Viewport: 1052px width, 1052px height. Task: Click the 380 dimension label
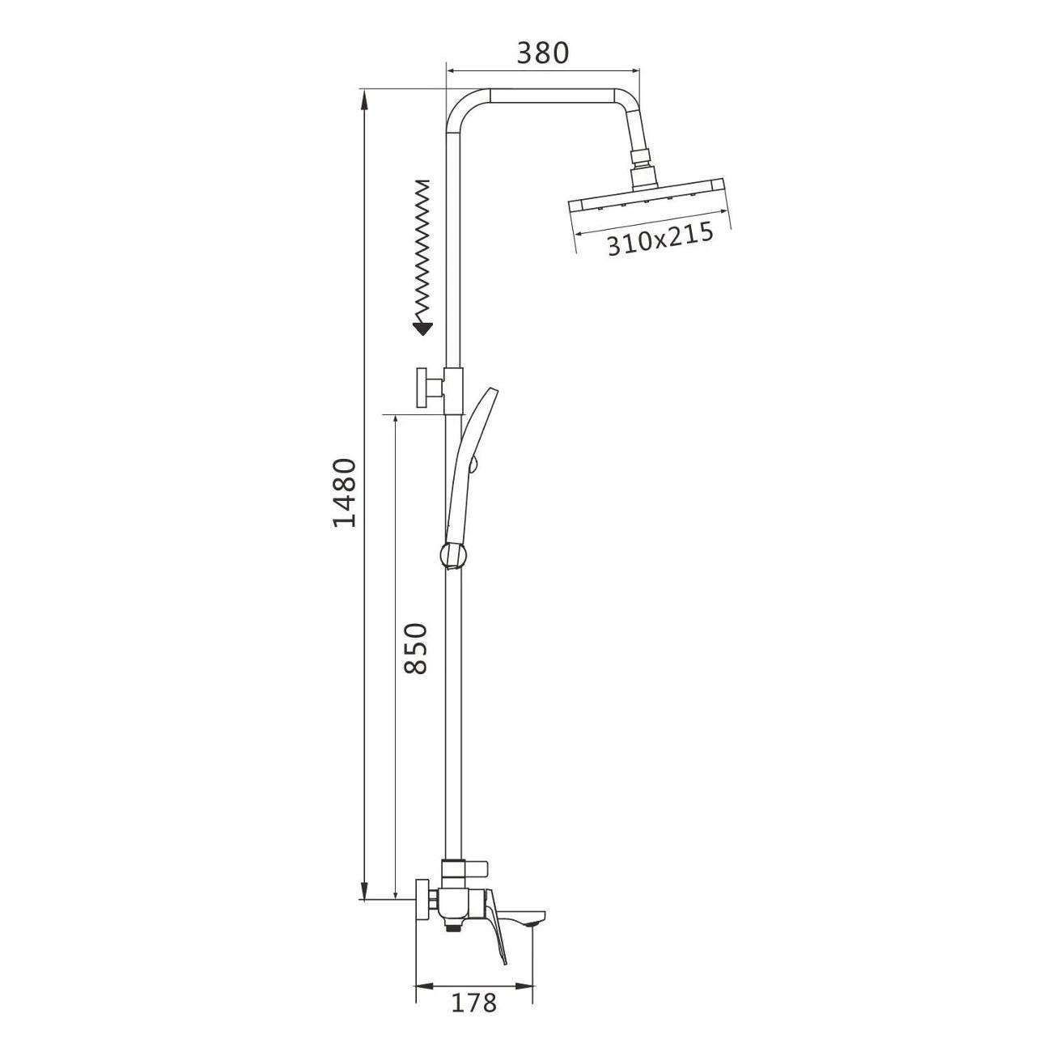click(543, 53)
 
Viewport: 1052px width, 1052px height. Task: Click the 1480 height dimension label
click(346, 492)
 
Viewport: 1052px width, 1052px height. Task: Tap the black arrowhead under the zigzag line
click(422, 329)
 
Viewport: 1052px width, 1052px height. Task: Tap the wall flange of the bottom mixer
click(422, 898)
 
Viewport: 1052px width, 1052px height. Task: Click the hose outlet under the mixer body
click(454, 929)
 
